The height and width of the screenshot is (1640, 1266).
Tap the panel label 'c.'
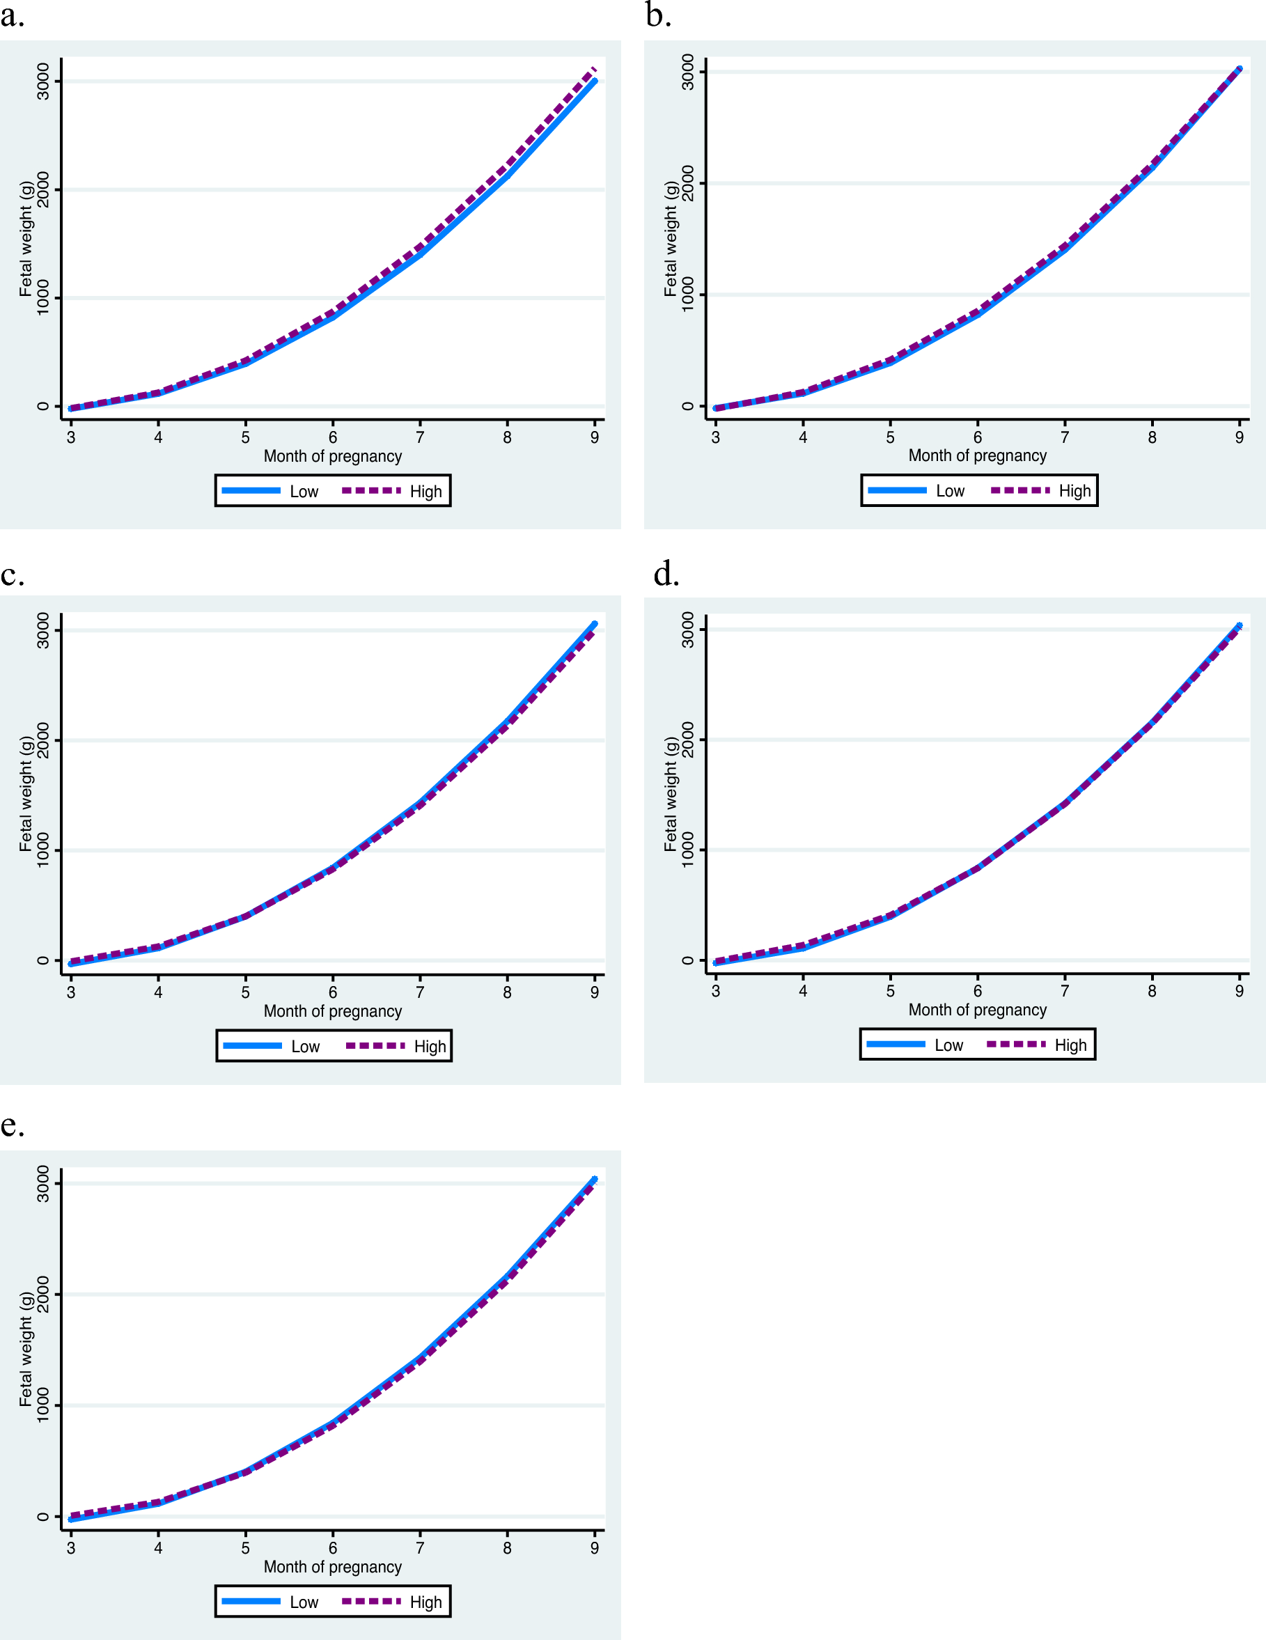pyautogui.click(x=12, y=575)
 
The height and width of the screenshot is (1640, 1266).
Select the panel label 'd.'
pyautogui.click(x=666, y=574)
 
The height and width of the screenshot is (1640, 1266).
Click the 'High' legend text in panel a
pyautogui.click(x=425, y=492)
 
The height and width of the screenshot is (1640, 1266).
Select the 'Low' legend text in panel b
pyautogui.click(x=950, y=491)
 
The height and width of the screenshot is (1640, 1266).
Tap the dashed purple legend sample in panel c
pyautogui.click(x=375, y=1045)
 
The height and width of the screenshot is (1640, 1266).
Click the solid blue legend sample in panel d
pyautogui.click(x=896, y=1044)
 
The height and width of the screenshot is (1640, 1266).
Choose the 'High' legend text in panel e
pyautogui.click(x=425, y=1602)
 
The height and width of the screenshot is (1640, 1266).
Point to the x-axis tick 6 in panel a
pyautogui.click(x=333, y=437)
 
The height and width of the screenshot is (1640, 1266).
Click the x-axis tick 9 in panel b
pyautogui.click(x=1239, y=437)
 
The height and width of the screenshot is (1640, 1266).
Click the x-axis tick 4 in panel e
pyautogui.click(x=159, y=1547)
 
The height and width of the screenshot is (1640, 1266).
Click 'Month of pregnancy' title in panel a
pyautogui.click(x=333, y=457)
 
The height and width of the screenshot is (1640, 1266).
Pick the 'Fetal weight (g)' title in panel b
pyautogui.click(x=670, y=239)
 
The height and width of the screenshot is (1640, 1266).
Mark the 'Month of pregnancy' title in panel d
pyautogui.click(x=977, y=1010)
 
